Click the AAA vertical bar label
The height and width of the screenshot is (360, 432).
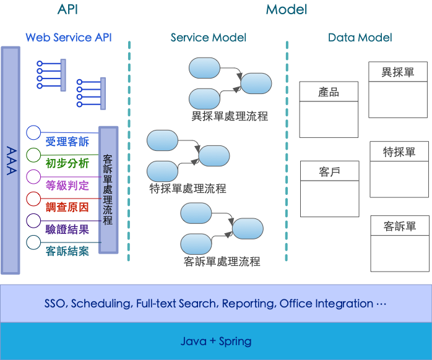[11, 161]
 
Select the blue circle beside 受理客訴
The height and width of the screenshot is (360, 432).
[33, 133]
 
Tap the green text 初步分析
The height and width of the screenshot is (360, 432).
[67, 164]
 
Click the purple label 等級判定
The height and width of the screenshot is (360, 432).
[67, 186]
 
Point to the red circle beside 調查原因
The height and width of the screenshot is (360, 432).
[33, 199]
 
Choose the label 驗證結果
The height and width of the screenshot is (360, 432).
[67, 229]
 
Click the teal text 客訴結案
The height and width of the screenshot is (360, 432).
[67, 251]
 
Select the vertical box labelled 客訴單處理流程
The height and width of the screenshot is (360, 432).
[108, 190]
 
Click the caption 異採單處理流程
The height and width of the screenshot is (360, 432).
[230, 116]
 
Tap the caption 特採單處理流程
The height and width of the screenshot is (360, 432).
[188, 189]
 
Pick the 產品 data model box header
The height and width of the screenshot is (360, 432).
[329, 92]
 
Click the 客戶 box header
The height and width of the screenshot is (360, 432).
[329, 171]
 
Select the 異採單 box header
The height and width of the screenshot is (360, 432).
[398, 72]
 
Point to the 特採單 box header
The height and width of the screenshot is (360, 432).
[399, 152]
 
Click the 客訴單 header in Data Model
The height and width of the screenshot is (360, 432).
[400, 226]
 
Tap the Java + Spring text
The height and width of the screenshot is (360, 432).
[216, 341]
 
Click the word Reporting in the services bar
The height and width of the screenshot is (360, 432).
[249, 304]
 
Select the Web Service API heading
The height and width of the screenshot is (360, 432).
[68, 38]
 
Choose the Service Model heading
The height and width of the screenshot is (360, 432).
[209, 38]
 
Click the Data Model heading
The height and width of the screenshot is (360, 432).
[360, 38]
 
